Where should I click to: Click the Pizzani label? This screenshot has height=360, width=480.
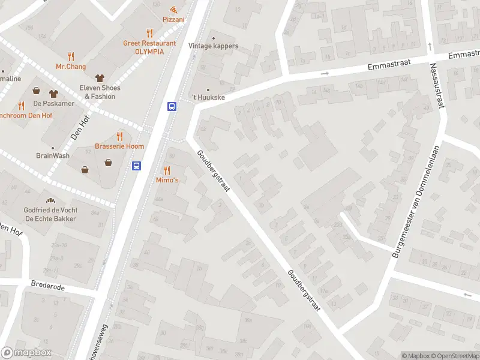tap(173, 19)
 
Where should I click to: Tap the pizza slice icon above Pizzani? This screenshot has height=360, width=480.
tap(173, 9)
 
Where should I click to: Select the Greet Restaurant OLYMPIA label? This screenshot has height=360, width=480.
tap(149, 47)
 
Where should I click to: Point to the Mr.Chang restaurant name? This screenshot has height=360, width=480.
tap(71, 66)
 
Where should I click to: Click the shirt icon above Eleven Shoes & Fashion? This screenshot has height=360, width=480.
tap(100, 78)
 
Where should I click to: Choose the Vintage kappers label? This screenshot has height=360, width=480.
tap(213, 46)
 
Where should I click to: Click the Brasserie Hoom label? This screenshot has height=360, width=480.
tap(119, 146)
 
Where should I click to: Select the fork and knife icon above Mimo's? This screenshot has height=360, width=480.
tap(167, 170)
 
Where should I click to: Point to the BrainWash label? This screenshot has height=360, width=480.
tap(53, 155)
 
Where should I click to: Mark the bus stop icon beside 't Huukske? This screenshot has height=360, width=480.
tap(172, 106)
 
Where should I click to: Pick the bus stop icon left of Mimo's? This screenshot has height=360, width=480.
tap(137, 166)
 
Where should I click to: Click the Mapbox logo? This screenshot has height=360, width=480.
tap(26, 353)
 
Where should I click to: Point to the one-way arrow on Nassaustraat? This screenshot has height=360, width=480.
tap(430, 46)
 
